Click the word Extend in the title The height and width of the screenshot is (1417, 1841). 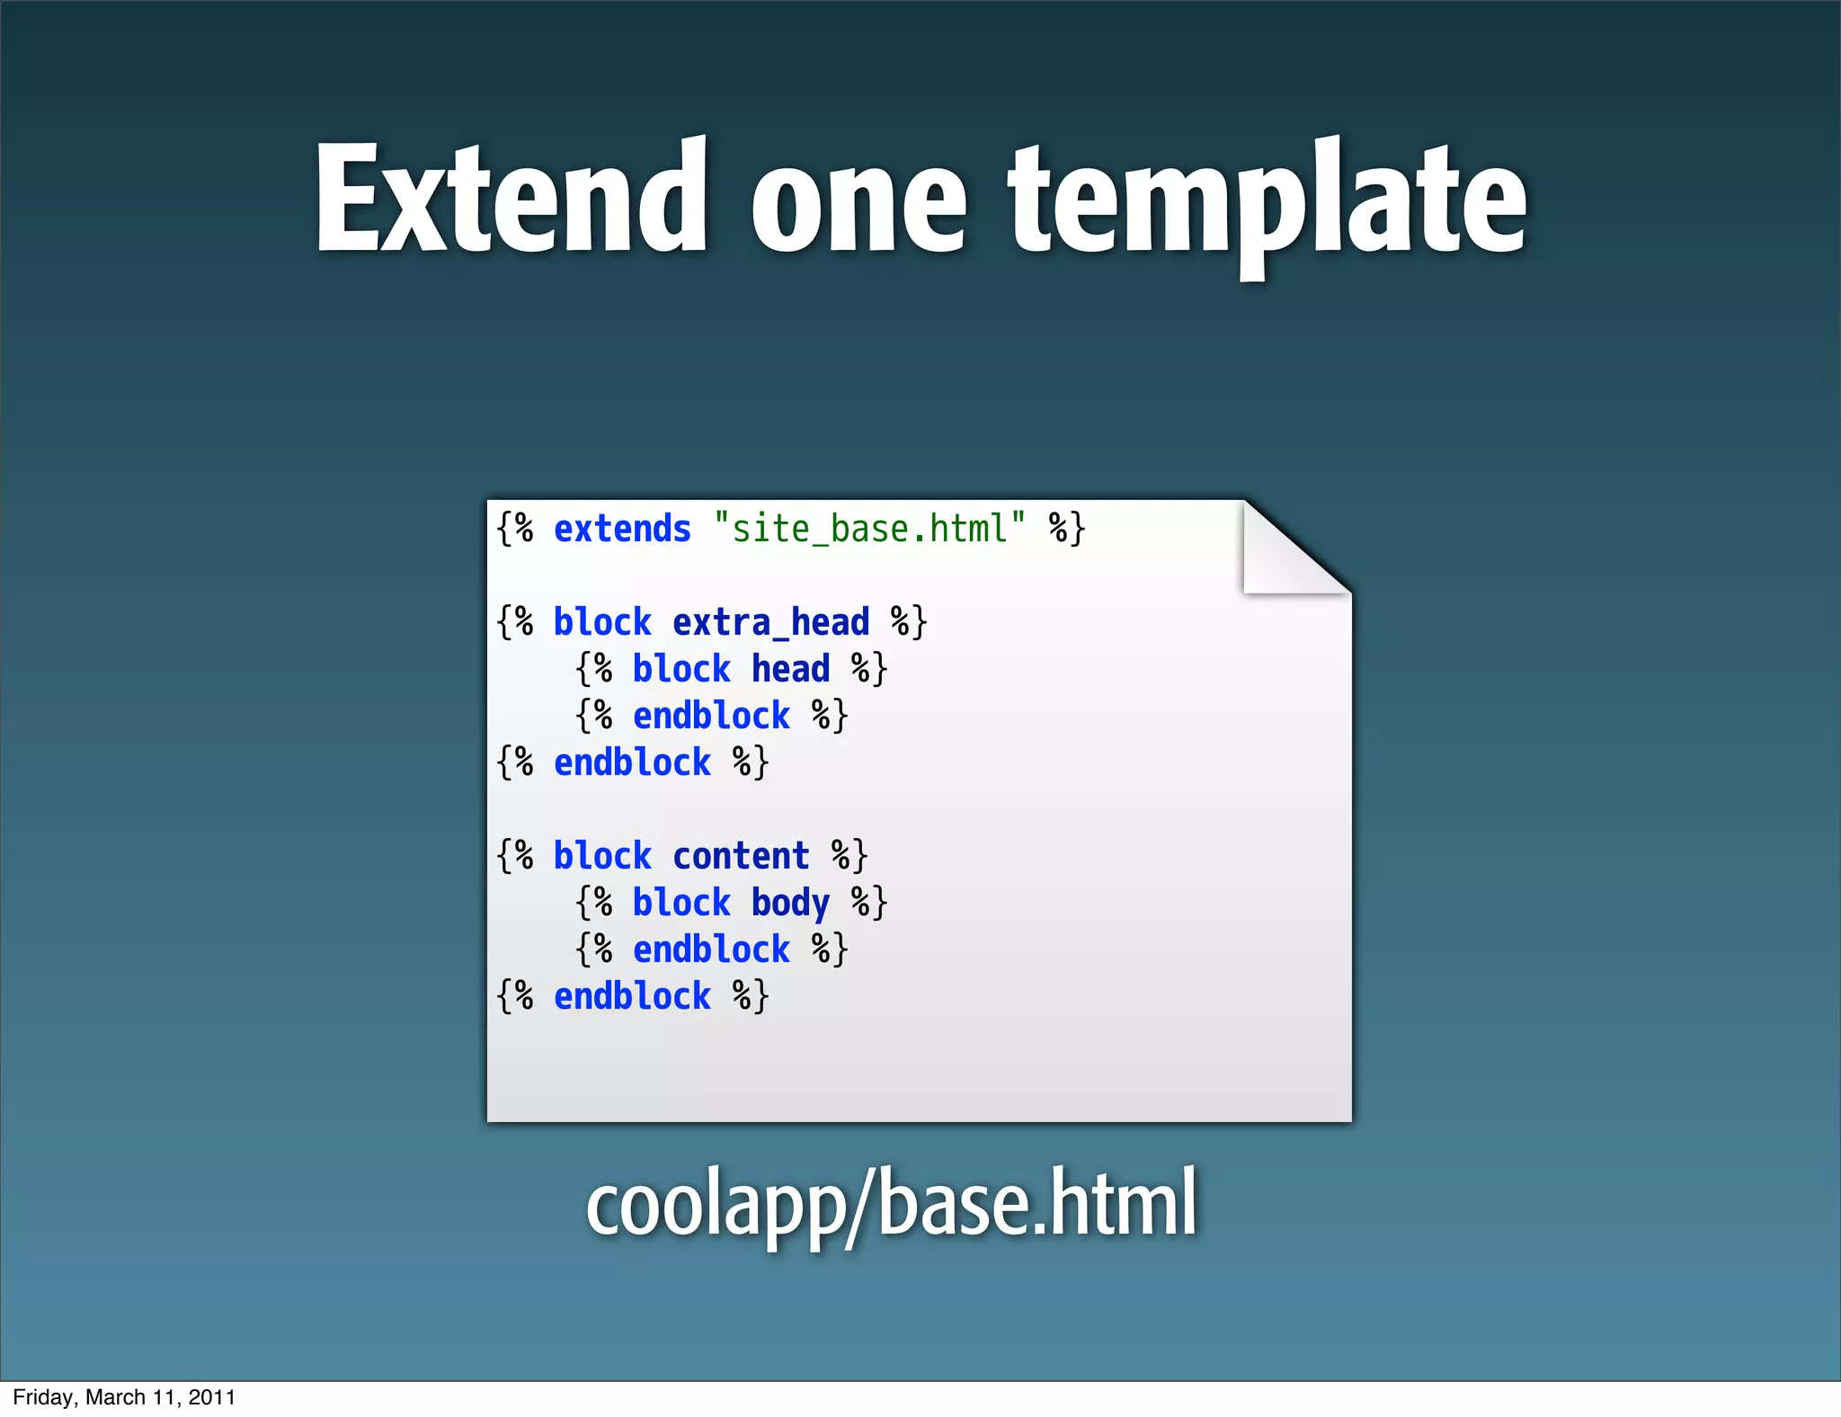(511, 198)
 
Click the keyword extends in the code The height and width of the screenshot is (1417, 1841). (622, 529)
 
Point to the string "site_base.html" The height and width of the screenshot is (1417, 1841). (869, 529)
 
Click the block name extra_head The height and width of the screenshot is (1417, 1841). (770, 622)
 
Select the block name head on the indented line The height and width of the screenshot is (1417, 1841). (790, 669)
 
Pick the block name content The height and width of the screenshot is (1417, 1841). (741, 856)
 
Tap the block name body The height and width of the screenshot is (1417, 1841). (790, 904)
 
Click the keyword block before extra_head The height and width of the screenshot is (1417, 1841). (602, 622)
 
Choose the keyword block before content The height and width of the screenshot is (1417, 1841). (602, 856)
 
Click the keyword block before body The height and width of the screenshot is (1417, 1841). (681, 903)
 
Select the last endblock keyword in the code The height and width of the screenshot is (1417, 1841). (632, 996)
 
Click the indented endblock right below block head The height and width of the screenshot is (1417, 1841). (711, 716)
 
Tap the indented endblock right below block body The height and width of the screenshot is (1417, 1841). (711, 949)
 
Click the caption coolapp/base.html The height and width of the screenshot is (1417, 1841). (891, 1202)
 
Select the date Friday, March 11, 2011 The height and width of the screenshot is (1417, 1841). (124, 1397)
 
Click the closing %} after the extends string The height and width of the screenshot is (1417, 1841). (1067, 529)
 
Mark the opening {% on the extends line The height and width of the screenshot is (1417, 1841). (515, 529)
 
